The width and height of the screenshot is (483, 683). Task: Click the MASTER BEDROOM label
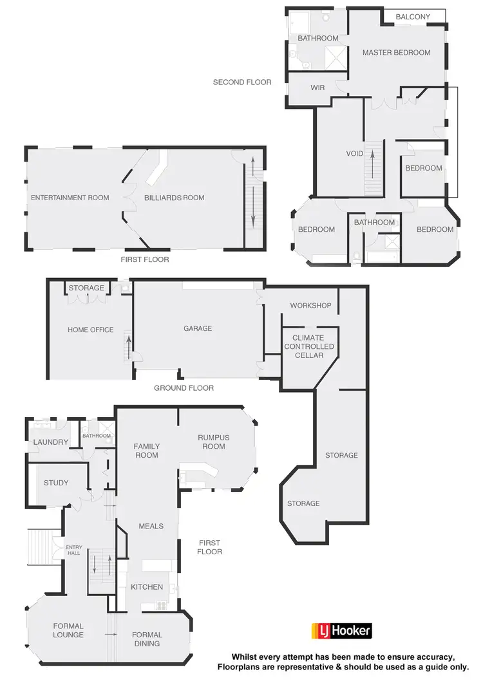click(x=396, y=52)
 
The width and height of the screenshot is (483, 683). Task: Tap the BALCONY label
click(x=413, y=17)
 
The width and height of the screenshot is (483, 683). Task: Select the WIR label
click(x=317, y=88)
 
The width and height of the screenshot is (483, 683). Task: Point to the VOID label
click(x=355, y=154)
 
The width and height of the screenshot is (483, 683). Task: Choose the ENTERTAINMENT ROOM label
click(x=70, y=198)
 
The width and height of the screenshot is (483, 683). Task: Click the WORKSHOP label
click(x=310, y=305)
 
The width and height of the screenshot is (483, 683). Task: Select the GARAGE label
click(x=198, y=328)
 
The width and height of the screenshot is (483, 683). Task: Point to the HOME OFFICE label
click(x=91, y=330)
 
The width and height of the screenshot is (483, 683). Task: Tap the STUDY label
click(x=56, y=483)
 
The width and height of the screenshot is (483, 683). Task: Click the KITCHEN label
click(x=147, y=587)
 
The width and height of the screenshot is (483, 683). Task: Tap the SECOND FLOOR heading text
click(x=242, y=82)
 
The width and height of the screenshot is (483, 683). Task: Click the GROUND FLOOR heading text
click(x=184, y=388)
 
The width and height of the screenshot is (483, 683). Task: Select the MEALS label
click(x=151, y=526)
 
